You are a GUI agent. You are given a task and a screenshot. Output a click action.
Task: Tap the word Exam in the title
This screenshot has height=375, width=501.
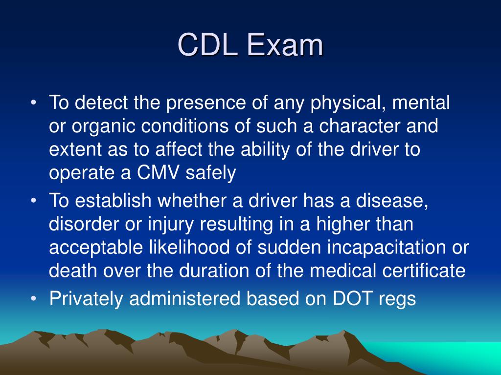pos(286,46)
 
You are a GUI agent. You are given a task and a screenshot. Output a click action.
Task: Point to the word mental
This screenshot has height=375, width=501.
pos(419,104)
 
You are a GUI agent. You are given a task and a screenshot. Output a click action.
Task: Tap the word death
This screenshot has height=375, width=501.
pos(73,271)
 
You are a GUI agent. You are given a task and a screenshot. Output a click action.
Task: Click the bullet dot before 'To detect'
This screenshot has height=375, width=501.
pos(33,104)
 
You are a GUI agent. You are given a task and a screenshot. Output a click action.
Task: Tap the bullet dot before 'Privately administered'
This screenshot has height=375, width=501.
pos(33,298)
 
